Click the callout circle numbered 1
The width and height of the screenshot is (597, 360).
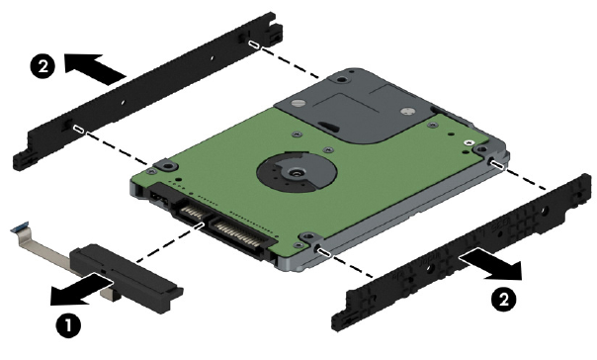tap(68, 326)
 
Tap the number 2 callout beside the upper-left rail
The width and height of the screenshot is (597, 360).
tap(43, 66)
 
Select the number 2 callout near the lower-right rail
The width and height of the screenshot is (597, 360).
tap(504, 300)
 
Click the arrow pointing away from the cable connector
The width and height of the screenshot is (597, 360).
tap(82, 291)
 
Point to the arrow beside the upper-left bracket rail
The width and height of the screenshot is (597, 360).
tap(95, 68)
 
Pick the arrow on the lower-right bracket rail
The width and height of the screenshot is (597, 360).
tap(490, 265)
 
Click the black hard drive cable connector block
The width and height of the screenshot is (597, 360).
tap(126, 277)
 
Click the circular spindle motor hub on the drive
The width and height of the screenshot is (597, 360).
tap(297, 173)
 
